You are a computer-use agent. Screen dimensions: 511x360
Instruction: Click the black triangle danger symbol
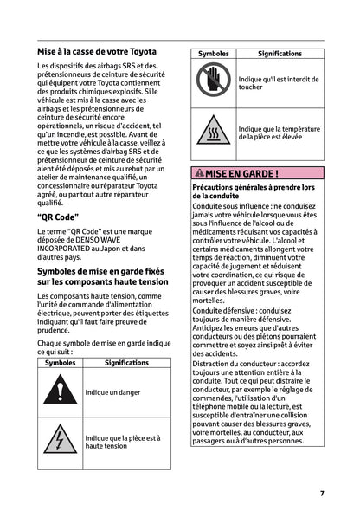[60, 391]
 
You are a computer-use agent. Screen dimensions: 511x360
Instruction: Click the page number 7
[322, 493]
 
